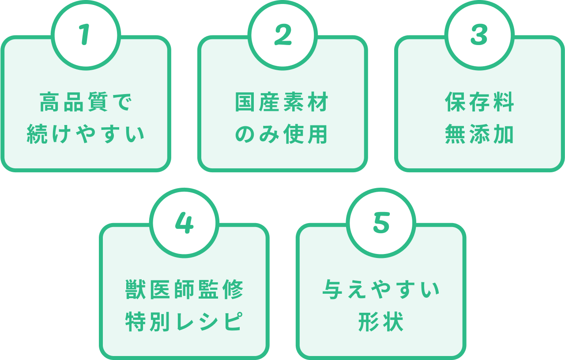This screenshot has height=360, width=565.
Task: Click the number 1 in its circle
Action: pyautogui.click(x=86, y=35)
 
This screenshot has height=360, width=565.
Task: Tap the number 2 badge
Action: pyautogui.click(x=282, y=35)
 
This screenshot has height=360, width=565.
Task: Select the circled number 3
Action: pyautogui.click(x=479, y=35)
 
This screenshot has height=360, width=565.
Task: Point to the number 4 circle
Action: pyautogui.click(x=184, y=223)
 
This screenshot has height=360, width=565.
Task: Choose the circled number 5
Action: pyautogui.click(x=381, y=223)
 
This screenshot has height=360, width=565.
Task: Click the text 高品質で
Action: pyautogui.click(x=86, y=102)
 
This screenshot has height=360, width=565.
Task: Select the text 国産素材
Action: pyautogui.click(x=282, y=102)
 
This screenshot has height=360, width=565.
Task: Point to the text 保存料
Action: pyautogui.click(x=479, y=102)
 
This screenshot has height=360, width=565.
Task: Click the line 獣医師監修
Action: pyautogui.click(x=184, y=290)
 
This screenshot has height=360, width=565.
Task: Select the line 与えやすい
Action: pyautogui.click(x=381, y=290)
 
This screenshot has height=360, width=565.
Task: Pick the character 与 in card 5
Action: pyautogui.click(x=333, y=290)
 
